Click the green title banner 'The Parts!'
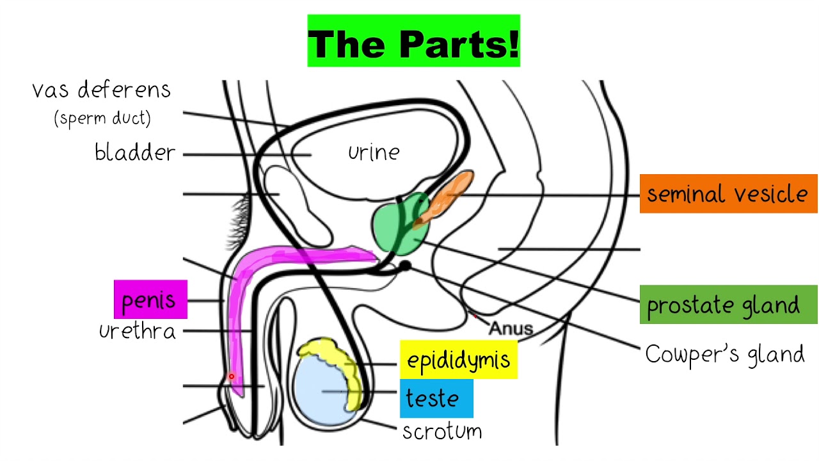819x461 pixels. click(x=413, y=41)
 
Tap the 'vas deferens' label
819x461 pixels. click(x=102, y=90)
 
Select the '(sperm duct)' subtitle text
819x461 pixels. click(x=102, y=119)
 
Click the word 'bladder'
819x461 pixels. click(x=135, y=153)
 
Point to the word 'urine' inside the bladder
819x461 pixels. click(x=374, y=152)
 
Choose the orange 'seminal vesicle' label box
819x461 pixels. click(x=728, y=193)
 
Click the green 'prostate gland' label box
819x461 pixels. click(x=728, y=305)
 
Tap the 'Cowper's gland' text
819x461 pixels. click(x=724, y=354)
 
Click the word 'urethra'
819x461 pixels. click(x=137, y=331)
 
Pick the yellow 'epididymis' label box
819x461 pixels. click(x=458, y=360)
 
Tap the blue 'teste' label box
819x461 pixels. click(x=436, y=398)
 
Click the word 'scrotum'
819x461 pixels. click(x=441, y=431)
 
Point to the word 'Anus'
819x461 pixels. click(x=511, y=329)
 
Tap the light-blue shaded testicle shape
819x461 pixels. click(x=320, y=391)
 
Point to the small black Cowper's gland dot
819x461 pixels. click(x=404, y=265)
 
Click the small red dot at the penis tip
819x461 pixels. click(x=232, y=376)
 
